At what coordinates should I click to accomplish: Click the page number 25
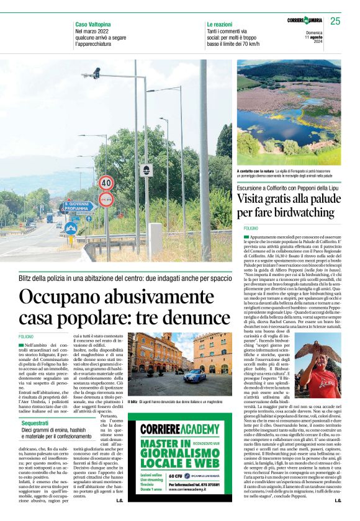pyautogui.click(x=335, y=21)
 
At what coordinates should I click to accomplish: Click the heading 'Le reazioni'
pyautogui.click(x=220, y=24)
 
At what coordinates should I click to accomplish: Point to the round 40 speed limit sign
pyautogui.click(x=106, y=183)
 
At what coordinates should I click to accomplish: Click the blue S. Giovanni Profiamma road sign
pyautogui.click(x=76, y=206)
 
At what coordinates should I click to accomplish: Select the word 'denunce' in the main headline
pyautogui.click(x=197, y=318)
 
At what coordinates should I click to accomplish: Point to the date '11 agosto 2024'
pyautogui.click(x=315, y=37)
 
